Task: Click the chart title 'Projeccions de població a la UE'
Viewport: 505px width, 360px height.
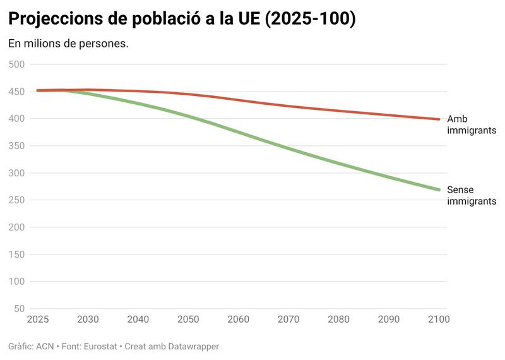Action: click(182, 19)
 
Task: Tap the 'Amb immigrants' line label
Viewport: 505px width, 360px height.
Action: click(471, 124)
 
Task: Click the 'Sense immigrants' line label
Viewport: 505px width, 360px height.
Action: click(471, 195)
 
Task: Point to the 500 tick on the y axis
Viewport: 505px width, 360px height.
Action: click(16, 64)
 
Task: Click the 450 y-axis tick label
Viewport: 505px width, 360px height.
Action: click(16, 92)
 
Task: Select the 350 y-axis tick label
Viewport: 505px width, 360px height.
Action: click(16, 146)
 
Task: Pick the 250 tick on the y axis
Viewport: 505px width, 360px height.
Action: click(16, 200)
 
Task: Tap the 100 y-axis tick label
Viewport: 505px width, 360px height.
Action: click(16, 282)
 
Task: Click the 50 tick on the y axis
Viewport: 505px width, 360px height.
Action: click(19, 309)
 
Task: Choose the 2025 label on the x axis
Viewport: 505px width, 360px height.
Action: click(38, 320)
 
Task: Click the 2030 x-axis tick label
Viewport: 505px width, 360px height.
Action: click(88, 320)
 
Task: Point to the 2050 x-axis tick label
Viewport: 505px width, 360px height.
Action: click(188, 320)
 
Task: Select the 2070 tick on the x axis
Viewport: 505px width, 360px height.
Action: click(288, 320)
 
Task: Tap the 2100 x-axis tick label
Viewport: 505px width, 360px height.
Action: click(439, 320)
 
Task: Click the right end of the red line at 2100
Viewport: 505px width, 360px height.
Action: click(439, 119)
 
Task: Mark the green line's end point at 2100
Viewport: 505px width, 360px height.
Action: click(439, 189)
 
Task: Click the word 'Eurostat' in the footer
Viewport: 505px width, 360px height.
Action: click(102, 347)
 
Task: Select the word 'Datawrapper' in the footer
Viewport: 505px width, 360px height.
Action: click(191, 347)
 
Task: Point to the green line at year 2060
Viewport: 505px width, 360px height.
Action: click(239, 132)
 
